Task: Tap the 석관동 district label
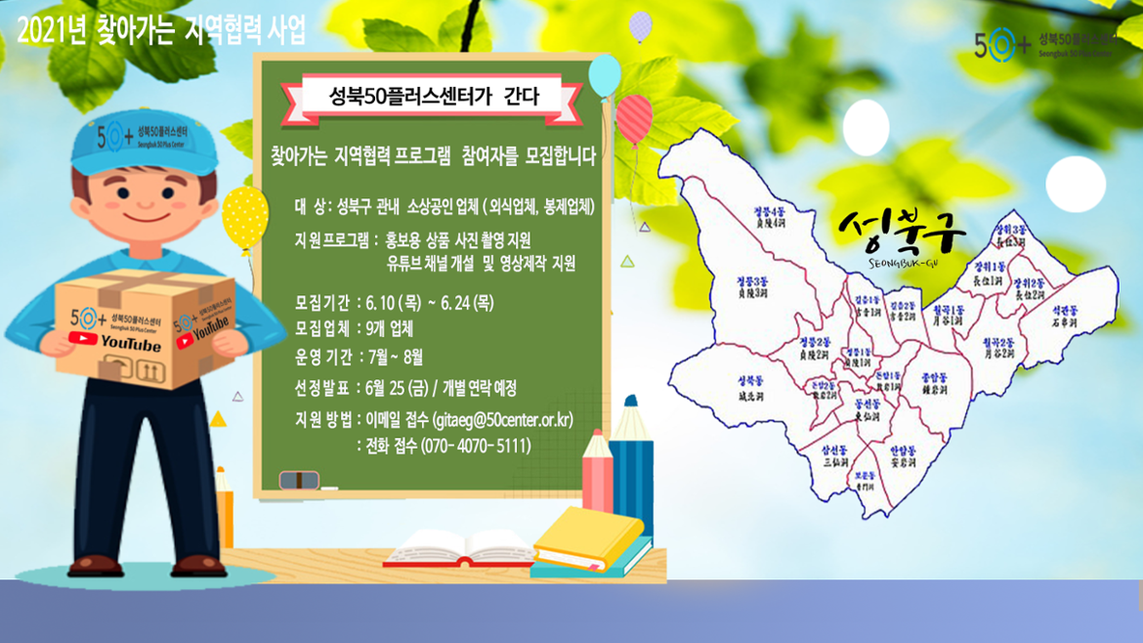(x=1064, y=313)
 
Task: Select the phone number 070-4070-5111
(x=476, y=446)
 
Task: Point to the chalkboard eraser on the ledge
(x=299, y=480)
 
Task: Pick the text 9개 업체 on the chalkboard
(x=388, y=328)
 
